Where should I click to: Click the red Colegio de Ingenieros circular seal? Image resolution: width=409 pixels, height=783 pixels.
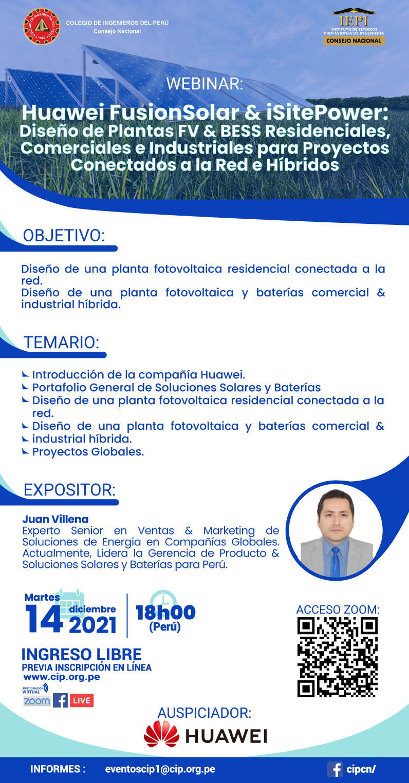[x=41, y=27]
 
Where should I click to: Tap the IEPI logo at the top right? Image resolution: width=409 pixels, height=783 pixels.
[x=354, y=27]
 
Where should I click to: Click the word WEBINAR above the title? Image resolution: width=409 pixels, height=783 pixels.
[x=204, y=84]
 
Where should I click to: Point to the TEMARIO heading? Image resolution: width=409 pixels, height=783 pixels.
[x=61, y=342]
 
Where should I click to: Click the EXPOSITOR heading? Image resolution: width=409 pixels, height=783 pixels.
[x=69, y=490]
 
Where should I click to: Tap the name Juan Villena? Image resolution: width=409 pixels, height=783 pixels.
[x=55, y=519]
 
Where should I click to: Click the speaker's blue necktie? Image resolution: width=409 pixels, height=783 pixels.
[x=336, y=561]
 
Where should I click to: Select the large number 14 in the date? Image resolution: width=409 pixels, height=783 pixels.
[x=44, y=619]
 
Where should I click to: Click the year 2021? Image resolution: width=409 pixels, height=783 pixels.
[x=92, y=625]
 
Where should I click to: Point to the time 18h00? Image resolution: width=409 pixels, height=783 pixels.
[x=165, y=613]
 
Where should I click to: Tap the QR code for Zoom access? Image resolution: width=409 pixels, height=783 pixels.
[x=338, y=657]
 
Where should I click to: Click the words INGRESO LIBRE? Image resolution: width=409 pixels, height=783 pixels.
[x=82, y=655]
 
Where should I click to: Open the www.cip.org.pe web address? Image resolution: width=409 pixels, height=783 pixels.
[x=62, y=677]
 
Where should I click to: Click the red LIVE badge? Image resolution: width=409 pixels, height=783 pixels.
[x=82, y=700]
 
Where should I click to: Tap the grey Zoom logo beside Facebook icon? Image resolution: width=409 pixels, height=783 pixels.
[x=36, y=701]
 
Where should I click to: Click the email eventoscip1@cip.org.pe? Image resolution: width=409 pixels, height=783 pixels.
[x=160, y=769]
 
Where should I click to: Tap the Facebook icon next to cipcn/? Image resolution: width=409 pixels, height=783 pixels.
[x=335, y=769]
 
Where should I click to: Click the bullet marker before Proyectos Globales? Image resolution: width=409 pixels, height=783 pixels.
[x=25, y=451]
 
